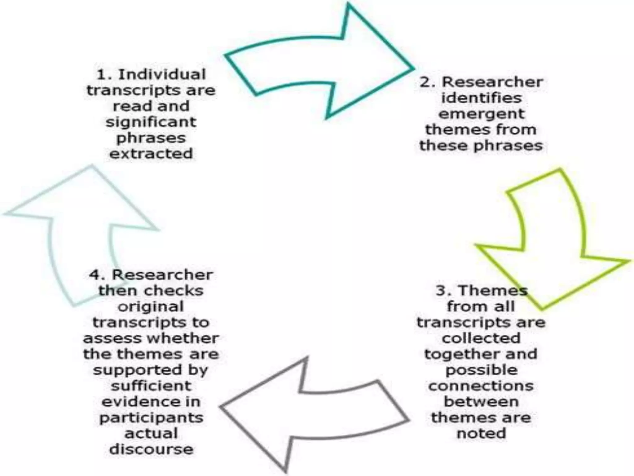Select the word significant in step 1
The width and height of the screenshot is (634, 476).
click(x=151, y=122)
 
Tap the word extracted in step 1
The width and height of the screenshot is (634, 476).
click(x=151, y=154)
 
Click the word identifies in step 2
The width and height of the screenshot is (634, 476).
click(x=481, y=98)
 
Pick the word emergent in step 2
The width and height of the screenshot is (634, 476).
click(x=481, y=114)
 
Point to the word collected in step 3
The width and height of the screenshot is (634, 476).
click(x=481, y=338)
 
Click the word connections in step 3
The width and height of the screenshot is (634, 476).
click(x=481, y=386)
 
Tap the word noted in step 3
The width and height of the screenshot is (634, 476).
click(x=481, y=433)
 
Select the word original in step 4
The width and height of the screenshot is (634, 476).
click(x=151, y=307)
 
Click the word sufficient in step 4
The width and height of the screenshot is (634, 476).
click(x=151, y=386)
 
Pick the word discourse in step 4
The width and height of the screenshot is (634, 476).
click(x=151, y=449)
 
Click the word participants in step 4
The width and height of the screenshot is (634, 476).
click(x=151, y=418)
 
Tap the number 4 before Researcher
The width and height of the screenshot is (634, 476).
click(x=94, y=275)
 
